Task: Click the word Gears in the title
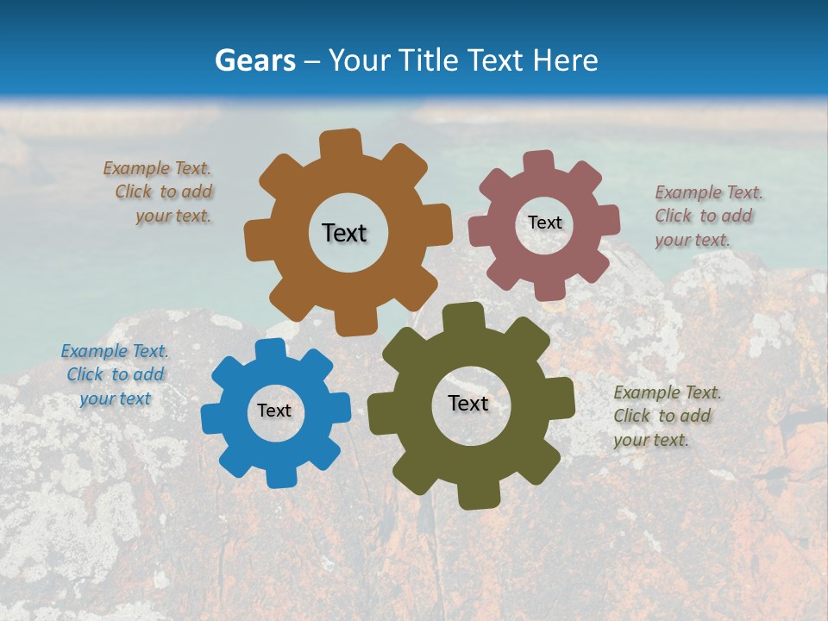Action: click(x=254, y=60)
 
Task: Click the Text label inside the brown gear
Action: click(x=344, y=233)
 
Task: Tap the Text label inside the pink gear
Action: click(x=544, y=223)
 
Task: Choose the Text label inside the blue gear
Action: click(x=274, y=411)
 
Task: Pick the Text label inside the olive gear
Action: click(x=468, y=403)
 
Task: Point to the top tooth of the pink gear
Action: click(x=539, y=163)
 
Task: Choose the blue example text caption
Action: click(x=115, y=374)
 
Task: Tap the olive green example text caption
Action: click(x=666, y=416)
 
